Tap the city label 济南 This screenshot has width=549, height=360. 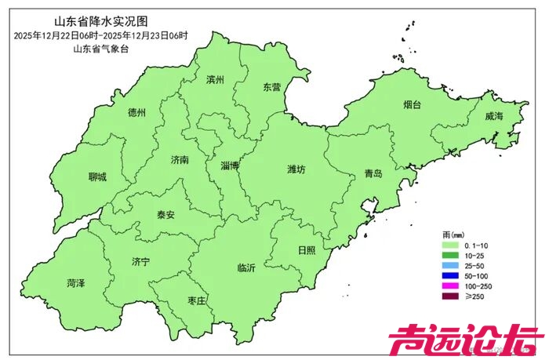point(180,160)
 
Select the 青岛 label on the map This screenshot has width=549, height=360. point(373,174)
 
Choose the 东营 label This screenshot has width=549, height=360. point(271,87)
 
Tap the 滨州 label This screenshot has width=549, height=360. point(215,80)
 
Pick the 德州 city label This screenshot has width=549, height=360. point(136,113)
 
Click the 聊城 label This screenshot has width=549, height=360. point(97,177)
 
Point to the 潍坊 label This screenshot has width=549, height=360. point(296,169)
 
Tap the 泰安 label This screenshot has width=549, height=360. point(165,214)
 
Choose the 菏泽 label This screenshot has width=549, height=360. point(76,283)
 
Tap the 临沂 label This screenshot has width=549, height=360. point(246,269)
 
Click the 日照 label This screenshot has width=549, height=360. point(307,250)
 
